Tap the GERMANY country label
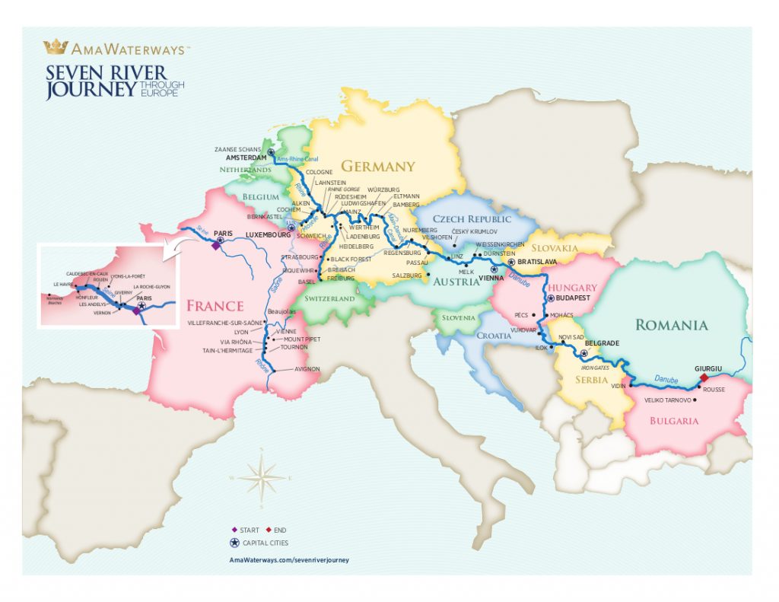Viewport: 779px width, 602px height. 377,166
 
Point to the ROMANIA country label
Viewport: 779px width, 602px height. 671,325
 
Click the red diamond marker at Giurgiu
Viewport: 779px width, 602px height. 704,377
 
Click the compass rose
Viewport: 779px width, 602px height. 261,478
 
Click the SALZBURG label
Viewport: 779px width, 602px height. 406,275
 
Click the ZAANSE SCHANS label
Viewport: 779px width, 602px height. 237,149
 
